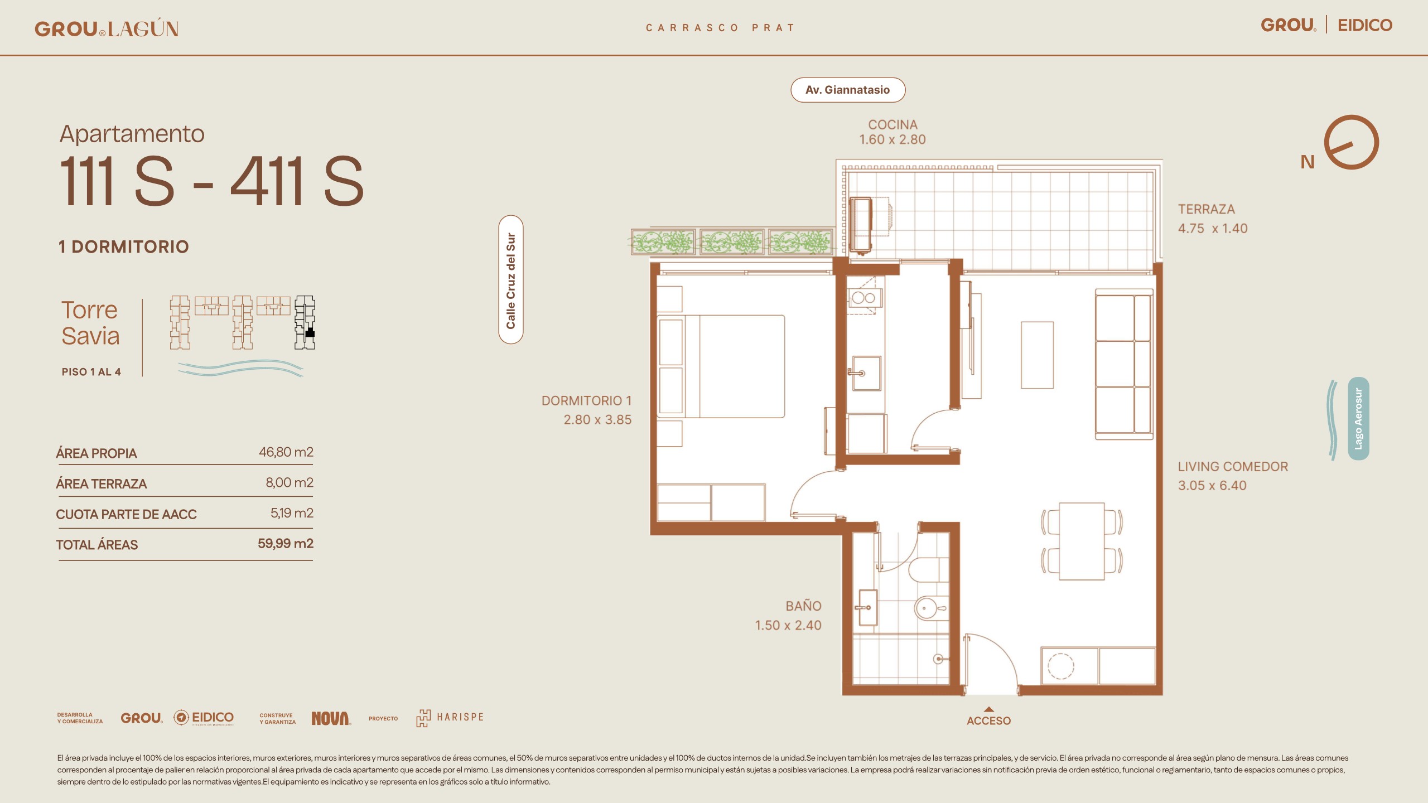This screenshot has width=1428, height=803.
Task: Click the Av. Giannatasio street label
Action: click(x=847, y=90)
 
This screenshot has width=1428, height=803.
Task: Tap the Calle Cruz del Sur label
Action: click(x=511, y=279)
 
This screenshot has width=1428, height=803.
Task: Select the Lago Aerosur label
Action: click(x=1358, y=418)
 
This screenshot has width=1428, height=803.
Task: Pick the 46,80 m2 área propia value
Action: click(x=286, y=452)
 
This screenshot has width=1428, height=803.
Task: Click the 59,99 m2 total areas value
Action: click(x=286, y=543)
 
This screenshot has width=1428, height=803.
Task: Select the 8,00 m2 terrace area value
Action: click(x=290, y=482)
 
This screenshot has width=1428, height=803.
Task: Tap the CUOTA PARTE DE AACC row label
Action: click(x=127, y=514)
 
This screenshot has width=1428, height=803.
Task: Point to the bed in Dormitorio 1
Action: click(x=721, y=366)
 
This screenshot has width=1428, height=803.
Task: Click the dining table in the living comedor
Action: click(x=1082, y=541)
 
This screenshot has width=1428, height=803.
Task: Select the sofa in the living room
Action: click(x=1124, y=364)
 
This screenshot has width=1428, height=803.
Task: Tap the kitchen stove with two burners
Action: click(x=863, y=298)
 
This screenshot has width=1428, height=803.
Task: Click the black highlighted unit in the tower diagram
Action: click(x=310, y=333)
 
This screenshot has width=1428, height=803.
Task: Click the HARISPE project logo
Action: click(x=450, y=718)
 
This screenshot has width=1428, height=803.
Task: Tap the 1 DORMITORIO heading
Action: click(x=124, y=246)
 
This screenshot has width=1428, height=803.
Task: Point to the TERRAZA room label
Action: click(x=1207, y=209)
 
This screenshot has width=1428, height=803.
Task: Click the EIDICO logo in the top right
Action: click(x=1365, y=25)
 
